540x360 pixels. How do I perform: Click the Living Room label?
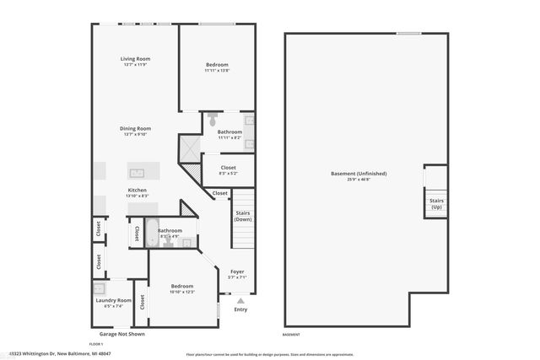click(135, 58)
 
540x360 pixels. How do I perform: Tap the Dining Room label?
click(135, 127)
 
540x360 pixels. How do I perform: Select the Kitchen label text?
click(138, 191)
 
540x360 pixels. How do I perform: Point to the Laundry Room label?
click(112, 300)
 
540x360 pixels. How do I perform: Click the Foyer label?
click(237, 271)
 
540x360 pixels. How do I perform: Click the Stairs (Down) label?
click(243, 216)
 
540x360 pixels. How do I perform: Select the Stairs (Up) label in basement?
click(436, 203)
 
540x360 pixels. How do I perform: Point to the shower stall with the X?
click(189, 150)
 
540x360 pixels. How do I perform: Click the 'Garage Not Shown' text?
click(121, 335)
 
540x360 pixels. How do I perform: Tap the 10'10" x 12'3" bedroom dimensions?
click(181, 292)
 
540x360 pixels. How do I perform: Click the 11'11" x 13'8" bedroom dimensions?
click(217, 70)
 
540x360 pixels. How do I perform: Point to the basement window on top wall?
click(408, 33)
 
